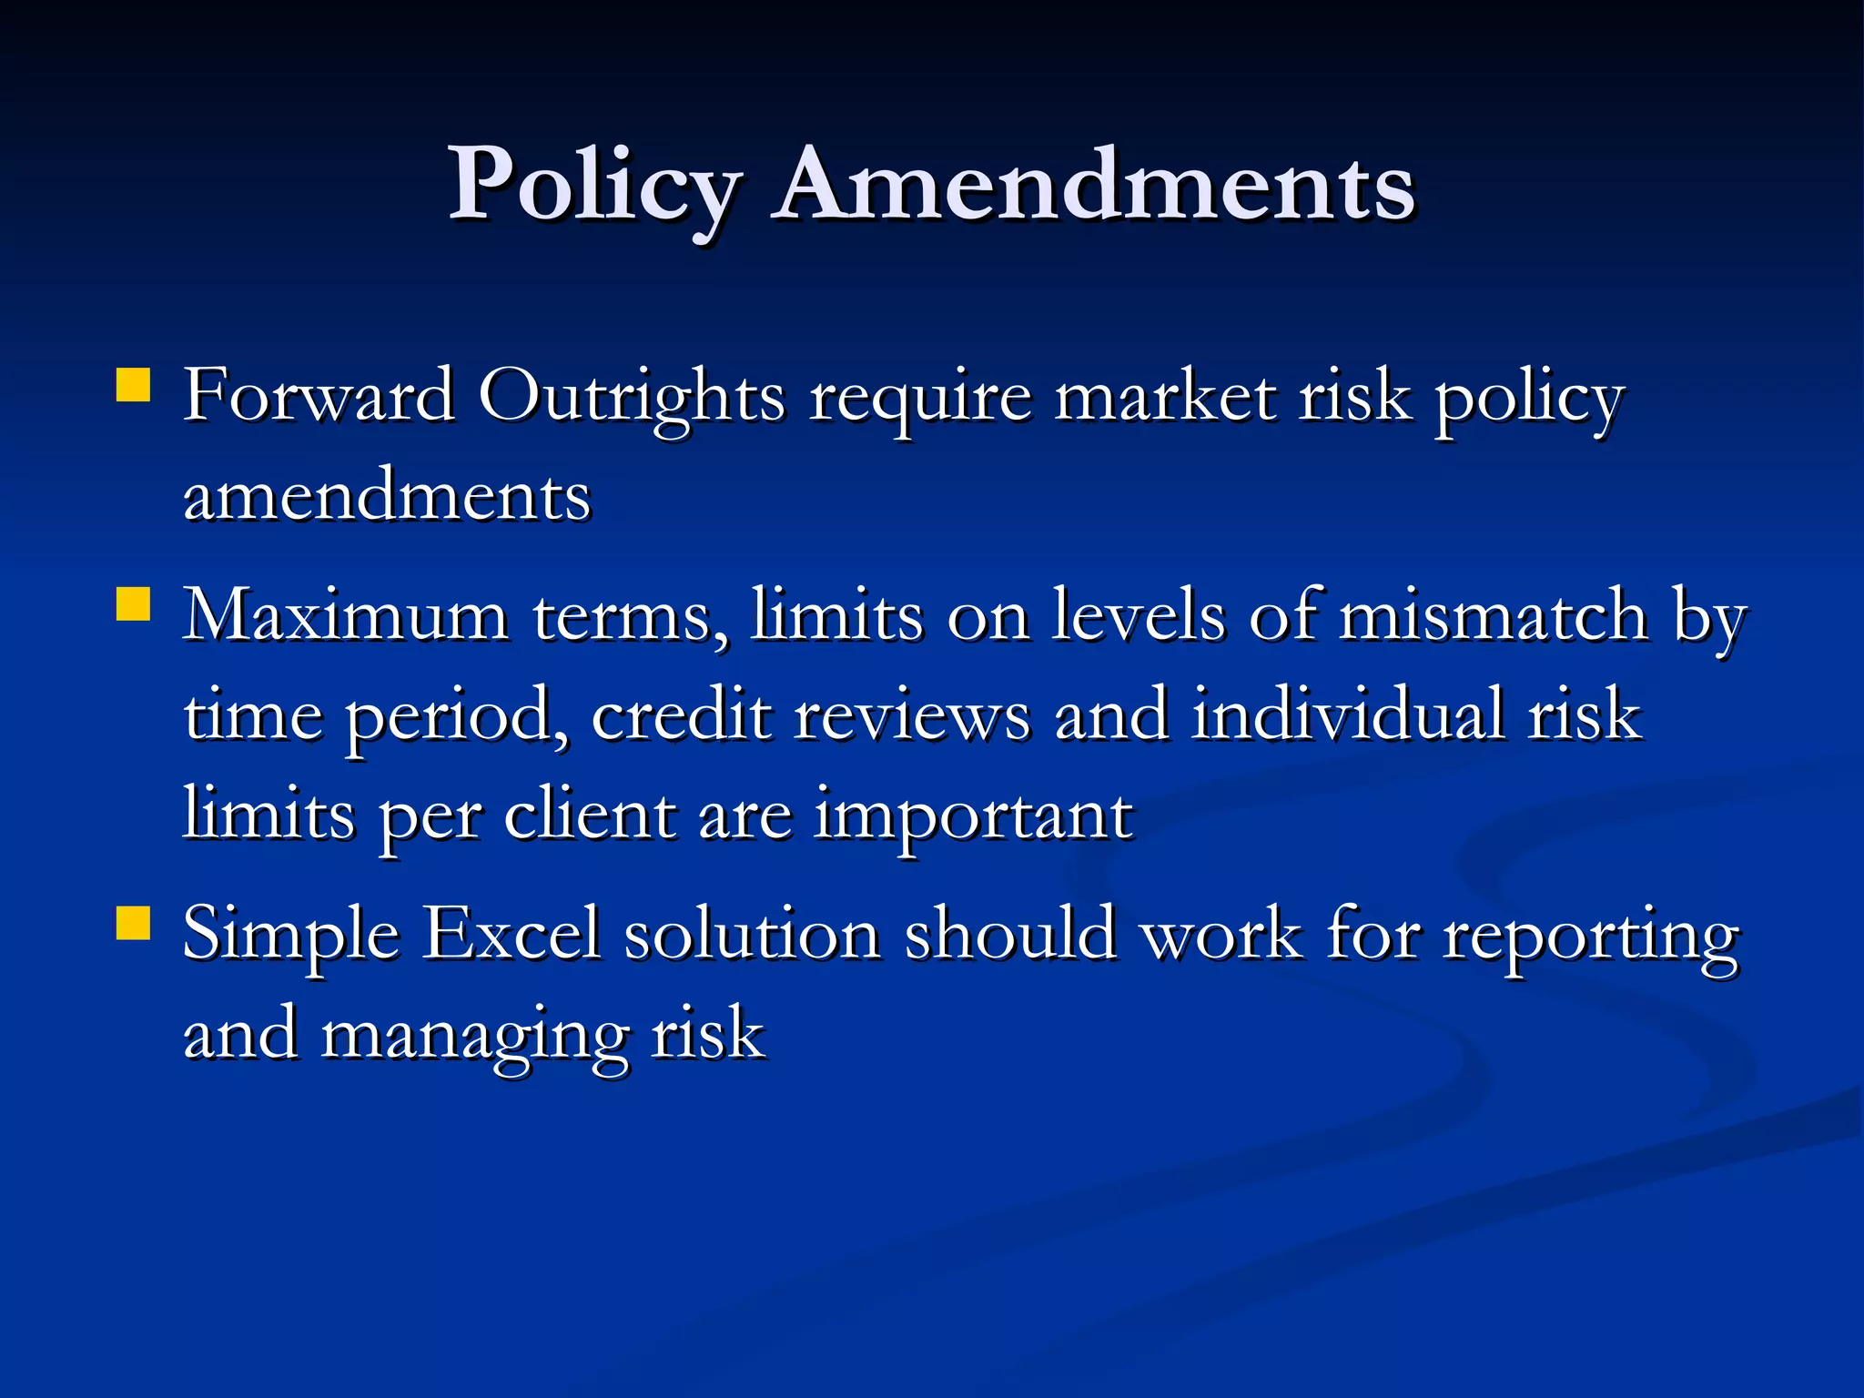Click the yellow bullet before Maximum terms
click(134, 603)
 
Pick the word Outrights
click(632, 398)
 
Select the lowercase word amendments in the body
click(387, 496)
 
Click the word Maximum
click(346, 616)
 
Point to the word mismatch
click(1493, 616)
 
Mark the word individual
click(1347, 715)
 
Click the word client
click(590, 815)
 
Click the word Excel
click(512, 934)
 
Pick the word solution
click(752, 934)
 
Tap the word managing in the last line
click(473, 1036)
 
